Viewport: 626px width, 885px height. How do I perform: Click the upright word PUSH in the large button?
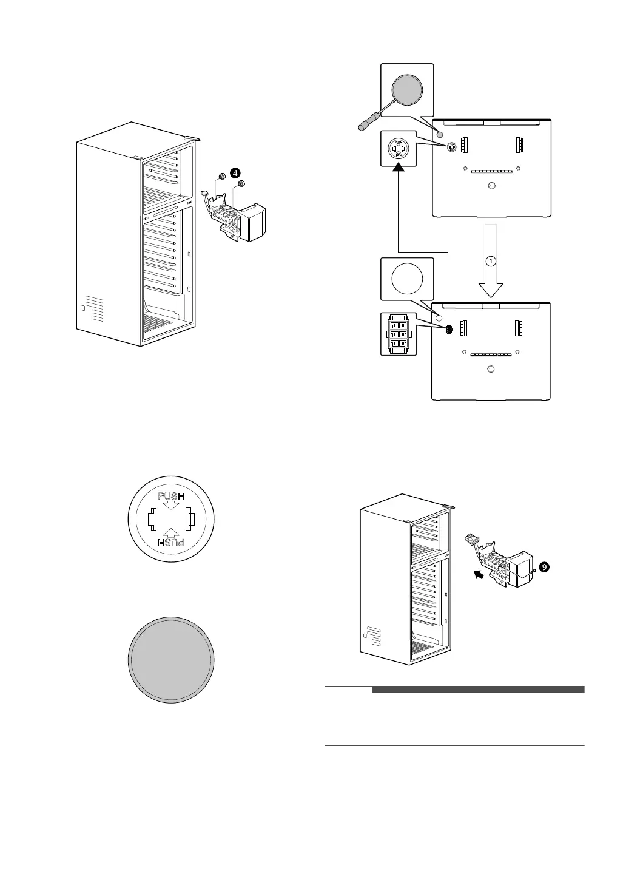click(x=170, y=498)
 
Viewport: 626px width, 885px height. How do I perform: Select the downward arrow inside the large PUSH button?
click(x=170, y=508)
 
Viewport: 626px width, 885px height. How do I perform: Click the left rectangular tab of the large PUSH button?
click(x=152, y=520)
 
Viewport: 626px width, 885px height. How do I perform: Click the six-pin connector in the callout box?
click(x=399, y=334)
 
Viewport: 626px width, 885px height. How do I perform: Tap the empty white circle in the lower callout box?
click(x=407, y=280)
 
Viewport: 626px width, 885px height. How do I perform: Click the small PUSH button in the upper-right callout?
click(x=399, y=147)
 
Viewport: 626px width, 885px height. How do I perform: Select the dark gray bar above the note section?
click(x=477, y=690)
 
